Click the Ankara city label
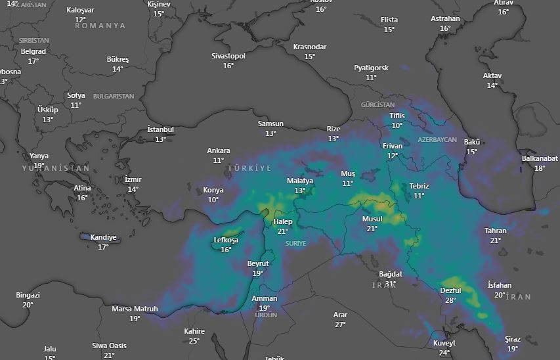click(219, 150)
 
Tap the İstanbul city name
click(160, 129)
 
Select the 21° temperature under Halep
click(283, 231)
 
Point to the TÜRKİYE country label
click(249, 169)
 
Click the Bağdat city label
click(391, 274)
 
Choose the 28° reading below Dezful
click(450, 300)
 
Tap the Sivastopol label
click(228, 56)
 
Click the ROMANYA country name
click(100, 26)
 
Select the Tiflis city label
click(397, 116)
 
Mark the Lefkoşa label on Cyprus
click(226, 240)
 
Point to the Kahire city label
click(194, 331)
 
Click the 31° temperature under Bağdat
click(391, 284)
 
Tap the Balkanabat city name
click(540, 158)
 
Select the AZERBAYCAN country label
click(437, 140)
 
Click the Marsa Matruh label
click(135, 309)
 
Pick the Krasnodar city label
click(310, 47)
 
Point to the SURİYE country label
click(296, 243)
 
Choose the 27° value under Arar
click(340, 325)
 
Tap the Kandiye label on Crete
click(103, 237)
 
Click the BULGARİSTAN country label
click(114, 96)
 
